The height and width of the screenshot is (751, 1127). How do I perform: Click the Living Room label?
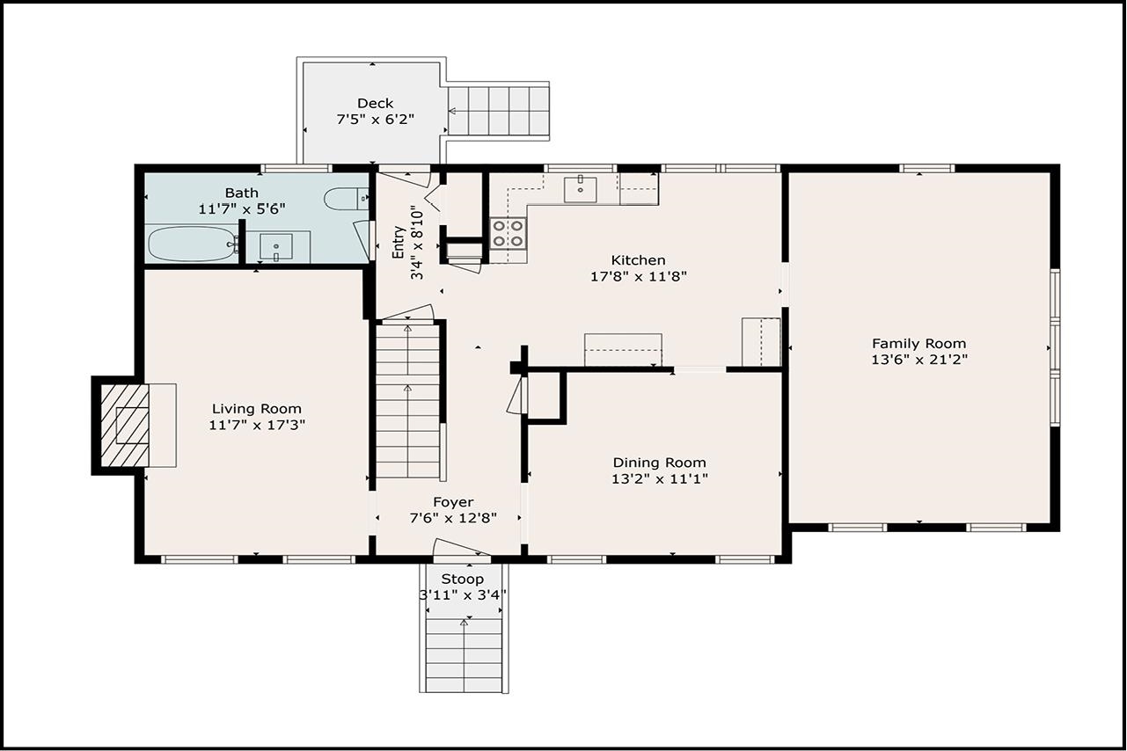click(257, 408)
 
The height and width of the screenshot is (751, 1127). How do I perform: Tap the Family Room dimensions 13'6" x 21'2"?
click(919, 360)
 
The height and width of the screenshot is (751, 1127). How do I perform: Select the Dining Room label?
click(659, 463)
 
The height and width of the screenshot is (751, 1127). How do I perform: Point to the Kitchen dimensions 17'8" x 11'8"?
click(639, 276)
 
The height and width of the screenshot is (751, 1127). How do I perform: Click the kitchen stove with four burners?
click(509, 234)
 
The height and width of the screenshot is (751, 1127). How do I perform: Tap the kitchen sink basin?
click(580, 189)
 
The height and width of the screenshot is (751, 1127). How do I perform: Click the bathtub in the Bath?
click(193, 244)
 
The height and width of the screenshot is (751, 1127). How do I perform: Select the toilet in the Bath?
click(347, 200)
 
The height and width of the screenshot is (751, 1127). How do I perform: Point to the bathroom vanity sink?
click(275, 246)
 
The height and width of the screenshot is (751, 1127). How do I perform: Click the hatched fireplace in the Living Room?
click(125, 426)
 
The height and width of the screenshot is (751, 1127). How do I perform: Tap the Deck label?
click(375, 103)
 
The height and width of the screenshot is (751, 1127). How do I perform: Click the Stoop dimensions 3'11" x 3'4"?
click(463, 595)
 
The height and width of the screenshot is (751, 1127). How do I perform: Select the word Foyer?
click(453, 502)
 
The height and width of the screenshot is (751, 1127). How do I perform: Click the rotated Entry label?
click(398, 242)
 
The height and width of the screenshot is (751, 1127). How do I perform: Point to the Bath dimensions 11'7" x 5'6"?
click(242, 208)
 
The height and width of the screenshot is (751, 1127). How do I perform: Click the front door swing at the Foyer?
click(461, 548)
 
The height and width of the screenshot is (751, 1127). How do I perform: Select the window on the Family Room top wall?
click(926, 169)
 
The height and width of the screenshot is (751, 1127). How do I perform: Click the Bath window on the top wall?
click(296, 169)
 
